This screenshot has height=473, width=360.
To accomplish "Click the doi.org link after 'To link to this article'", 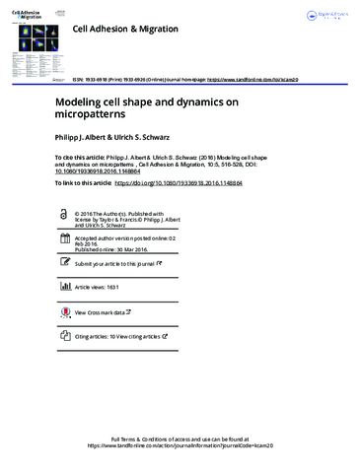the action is pyautogui.click(x=197, y=183).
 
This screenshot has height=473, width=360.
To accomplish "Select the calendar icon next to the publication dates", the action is pyautogui.click(x=65, y=240).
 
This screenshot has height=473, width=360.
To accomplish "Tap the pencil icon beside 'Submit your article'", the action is pyautogui.click(x=65, y=264).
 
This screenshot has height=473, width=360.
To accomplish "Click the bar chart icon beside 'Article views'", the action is pyautogui.click(x=65, y=286).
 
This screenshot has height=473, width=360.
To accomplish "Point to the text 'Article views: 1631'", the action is pyautogui.click(x=105, y=286).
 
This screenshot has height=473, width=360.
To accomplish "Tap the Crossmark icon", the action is pyautogui.click(x=65, y=311).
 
